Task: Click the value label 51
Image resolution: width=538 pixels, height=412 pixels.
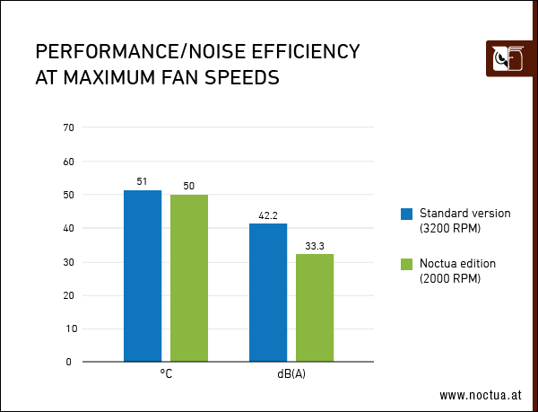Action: [142, 181]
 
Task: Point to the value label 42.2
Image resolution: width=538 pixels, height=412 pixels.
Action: [267, 215]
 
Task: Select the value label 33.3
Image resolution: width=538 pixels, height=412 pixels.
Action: [315, 245]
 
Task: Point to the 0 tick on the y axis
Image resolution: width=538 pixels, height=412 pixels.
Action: [70, 363]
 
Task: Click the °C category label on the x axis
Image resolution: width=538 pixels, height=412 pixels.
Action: [166, 374]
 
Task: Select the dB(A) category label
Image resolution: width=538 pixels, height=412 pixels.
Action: [291, 374]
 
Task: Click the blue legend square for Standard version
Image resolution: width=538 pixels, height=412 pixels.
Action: [406, 214]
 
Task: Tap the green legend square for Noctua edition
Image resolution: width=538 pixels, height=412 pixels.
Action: [406, 264]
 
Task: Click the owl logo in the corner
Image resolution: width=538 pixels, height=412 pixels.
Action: [505, 59]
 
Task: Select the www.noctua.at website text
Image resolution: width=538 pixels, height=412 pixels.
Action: [480, 394]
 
